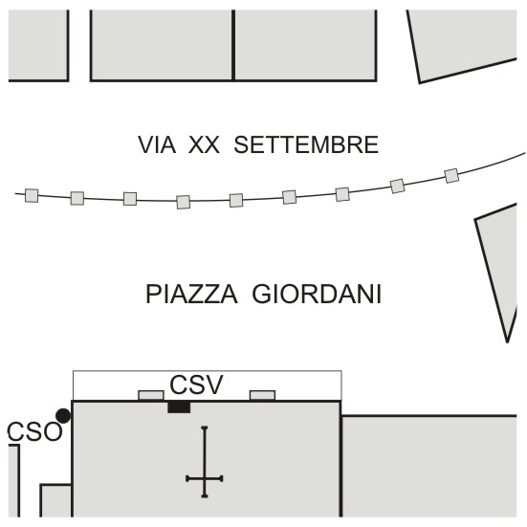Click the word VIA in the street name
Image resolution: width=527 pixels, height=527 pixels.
pos(157,144)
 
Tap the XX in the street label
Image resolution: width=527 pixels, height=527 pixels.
pos(204,144)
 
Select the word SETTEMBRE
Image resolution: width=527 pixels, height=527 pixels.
pos(306,144)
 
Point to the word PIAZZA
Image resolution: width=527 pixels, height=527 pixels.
pos(191,294)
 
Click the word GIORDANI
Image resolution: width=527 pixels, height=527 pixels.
pos(317,294)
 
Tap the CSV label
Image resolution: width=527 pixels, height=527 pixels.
pos(196,384)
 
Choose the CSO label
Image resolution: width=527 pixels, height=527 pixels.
pos(34,431)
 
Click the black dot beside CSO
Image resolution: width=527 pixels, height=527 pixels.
pos(63,416)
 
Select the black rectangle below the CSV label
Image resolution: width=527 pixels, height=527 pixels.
pos(179,407)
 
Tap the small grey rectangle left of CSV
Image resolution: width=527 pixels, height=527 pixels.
pos(151,395)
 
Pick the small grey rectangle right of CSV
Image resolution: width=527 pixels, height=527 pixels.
pos(262,395)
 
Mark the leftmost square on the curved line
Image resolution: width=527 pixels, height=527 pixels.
pos(32,196)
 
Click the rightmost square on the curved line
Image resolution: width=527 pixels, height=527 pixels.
pos(451,176)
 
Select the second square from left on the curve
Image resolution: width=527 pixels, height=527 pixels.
pos(77,198)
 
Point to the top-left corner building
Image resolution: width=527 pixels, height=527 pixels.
pos(38,45)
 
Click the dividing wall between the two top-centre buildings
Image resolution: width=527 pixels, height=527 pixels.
pos(233,45)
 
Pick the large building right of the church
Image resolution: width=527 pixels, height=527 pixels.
pos(429,466)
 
